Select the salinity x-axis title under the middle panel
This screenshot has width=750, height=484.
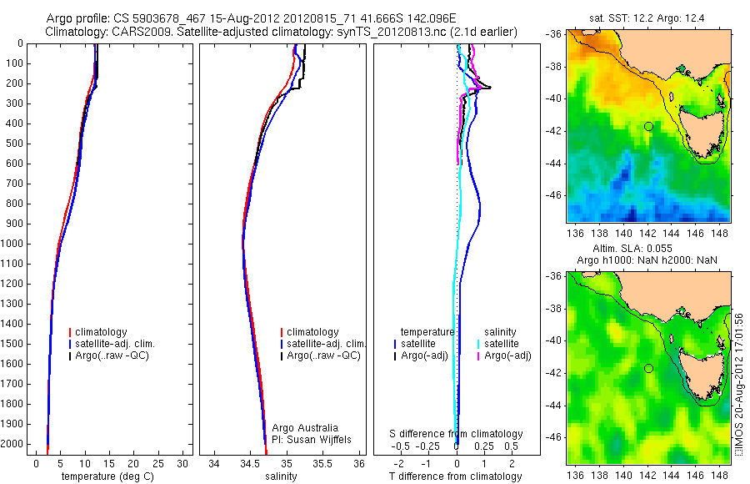279,476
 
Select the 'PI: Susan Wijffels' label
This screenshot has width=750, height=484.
301,439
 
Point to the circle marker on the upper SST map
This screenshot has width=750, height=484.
648,126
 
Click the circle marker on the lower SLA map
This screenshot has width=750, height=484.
648,368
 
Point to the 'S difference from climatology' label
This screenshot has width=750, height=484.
457,434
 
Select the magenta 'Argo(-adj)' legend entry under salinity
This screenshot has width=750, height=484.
507,356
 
